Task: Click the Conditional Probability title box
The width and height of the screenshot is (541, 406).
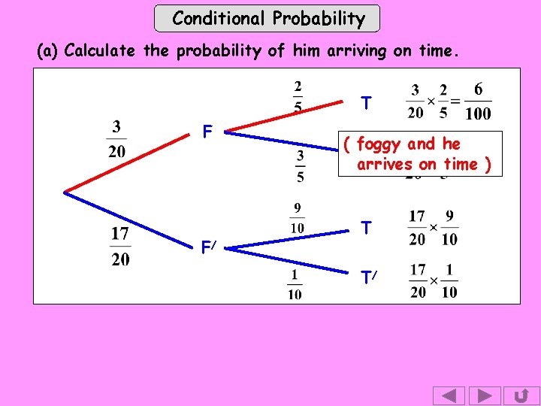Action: [x=267, y=18]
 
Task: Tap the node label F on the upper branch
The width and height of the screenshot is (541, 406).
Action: [x=207, y=132]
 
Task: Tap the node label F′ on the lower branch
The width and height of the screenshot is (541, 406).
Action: [x=209, y=246]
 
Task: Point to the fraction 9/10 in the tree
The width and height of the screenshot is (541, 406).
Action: [x=298, y=217]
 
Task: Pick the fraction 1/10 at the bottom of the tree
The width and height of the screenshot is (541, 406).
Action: [x=295, y=283]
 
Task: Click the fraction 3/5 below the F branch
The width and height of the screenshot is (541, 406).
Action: [x=299, y=166]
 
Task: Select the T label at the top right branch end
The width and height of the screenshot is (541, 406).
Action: [x=365, y=103]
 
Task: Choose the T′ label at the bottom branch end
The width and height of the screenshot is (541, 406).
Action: [x=367, y=278]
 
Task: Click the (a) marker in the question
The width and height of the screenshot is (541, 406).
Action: [x=48, y=51]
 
